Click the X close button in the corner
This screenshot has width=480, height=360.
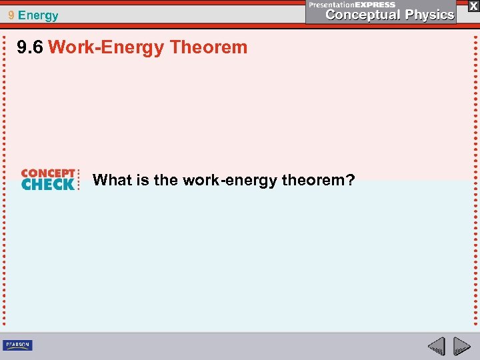pos(473,5)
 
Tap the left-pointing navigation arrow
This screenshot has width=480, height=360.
pos(437,346)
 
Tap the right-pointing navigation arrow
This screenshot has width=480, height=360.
pos(461,346)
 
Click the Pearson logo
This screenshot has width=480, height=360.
pos(17,345)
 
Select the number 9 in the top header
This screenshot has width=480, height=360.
pos(11,15)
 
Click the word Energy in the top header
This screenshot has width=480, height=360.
pos(39,15)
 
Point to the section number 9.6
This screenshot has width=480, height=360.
pos(31,47)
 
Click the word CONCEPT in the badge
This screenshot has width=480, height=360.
pos(47,173)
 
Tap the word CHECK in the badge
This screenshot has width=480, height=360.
pos(47,185)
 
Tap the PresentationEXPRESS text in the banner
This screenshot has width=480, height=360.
pos(352,4)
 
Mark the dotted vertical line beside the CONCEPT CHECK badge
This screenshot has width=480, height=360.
pos(80,179)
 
